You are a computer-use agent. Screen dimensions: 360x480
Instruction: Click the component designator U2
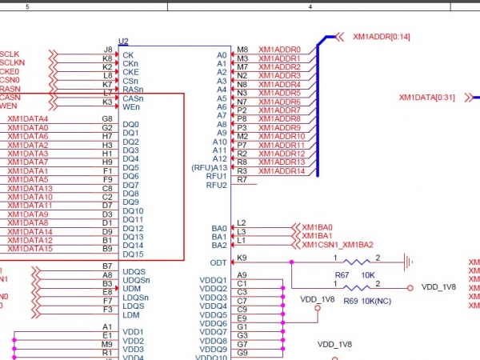click(123, 41)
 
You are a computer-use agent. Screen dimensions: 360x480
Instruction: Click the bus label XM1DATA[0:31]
click(426, 98)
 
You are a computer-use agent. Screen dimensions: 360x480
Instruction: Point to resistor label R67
click(342, 274)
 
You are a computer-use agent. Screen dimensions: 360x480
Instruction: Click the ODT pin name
click(218, 262)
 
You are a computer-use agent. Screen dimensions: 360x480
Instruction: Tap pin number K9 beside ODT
click(242, 258)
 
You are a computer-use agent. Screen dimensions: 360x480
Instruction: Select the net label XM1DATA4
click(28, 119)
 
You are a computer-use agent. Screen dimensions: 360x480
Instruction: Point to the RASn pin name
click(134, 90)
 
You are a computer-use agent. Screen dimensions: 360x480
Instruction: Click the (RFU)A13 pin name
click(210, 167)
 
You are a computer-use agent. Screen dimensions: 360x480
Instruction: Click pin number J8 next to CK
click(107, 50)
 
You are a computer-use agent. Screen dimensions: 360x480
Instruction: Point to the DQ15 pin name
click(133, 254)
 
